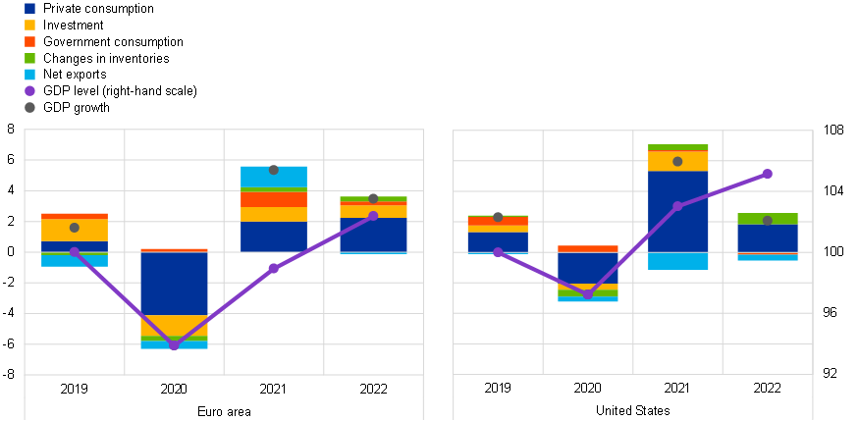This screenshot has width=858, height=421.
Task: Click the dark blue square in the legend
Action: [29, 9]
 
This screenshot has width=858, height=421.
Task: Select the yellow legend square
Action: [29, 26]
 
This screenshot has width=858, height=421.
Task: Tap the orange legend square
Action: [29, 42]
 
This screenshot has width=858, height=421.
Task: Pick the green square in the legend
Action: [29, 59]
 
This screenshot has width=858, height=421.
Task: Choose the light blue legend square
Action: [29, 75]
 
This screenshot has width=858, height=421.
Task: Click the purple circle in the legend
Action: [29, 91]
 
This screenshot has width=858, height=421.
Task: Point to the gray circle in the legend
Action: [29, 108]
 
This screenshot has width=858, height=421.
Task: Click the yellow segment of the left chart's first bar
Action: [59, 230]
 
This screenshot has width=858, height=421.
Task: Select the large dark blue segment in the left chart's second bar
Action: [174, 284]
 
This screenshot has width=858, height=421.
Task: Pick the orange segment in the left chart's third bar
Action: [274, 198]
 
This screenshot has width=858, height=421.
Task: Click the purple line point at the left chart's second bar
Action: [174, 345]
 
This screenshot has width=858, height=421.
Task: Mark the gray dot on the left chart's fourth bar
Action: [373, 198]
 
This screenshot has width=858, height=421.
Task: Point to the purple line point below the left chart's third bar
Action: [274, 268]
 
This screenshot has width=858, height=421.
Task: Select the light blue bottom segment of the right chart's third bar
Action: [677, 261]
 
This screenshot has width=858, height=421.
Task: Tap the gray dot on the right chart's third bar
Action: [677, 162]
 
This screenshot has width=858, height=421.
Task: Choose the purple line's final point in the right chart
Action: [768, 174]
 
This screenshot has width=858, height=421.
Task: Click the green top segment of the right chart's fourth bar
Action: [768, 217]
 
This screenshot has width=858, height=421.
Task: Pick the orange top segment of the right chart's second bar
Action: [588, 249]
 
